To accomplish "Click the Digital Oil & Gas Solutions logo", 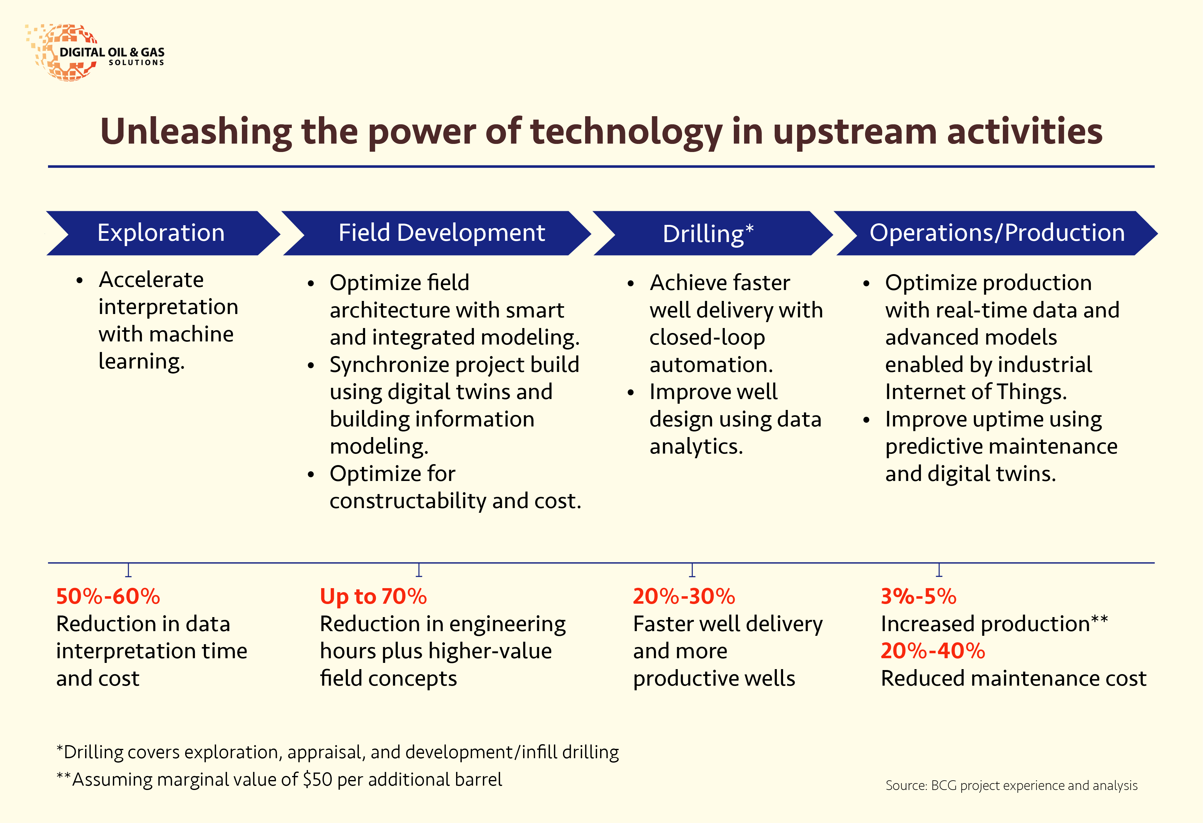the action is coord(96,53).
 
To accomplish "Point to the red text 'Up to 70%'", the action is coord(373,597).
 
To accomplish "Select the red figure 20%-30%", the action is coord(684,597).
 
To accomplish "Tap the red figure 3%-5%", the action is coord(919,597).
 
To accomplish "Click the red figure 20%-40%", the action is coord(933,651).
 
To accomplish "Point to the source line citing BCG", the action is coord(1012,786).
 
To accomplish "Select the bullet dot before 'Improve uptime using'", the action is coord(866,420).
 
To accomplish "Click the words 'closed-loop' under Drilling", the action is coord(707,338).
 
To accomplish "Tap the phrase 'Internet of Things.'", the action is coord(976,392).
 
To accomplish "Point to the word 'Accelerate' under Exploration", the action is coord(151,280).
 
